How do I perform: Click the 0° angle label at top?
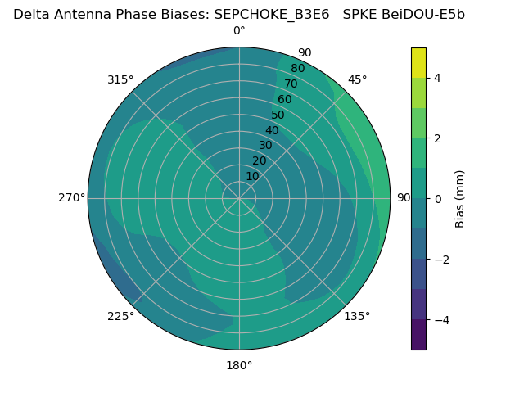tap(239, 31)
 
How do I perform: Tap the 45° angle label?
tap(357, 79)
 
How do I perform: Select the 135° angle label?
tap(357, 316)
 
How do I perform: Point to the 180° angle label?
tap(239, 365)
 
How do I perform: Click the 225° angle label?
tap(120, 316)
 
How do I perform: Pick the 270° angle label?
tap(71, 197)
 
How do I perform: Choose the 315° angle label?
tap(120, 79)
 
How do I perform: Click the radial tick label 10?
tap(252, 176)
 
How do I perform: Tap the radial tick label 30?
tap(265, 146)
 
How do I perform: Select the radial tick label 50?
tap(278, 115)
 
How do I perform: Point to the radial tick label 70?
tap(291, 84)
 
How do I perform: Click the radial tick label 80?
tap(297, 69)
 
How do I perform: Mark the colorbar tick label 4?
tap(438, 78)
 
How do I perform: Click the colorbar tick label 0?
tap(438, 198)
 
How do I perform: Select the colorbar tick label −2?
tap(441, 259)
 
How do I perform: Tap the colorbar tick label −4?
tap(441, 319)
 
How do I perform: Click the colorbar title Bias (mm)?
tap(460, 198)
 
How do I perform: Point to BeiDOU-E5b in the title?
tap(424, 14)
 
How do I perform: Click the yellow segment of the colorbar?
tap(418, 62)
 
